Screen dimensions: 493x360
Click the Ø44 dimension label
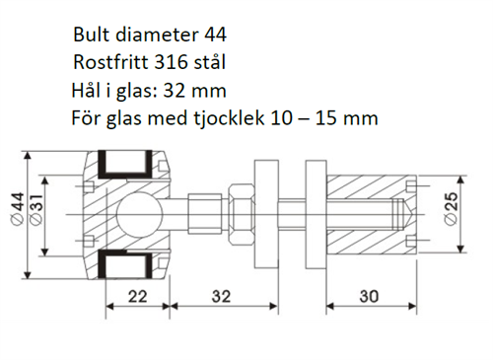pyautogui.click(x=18, y=209)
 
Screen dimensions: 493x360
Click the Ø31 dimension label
pyautogui.click(x=36, y=209)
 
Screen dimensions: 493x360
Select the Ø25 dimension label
pyautogui.click(x=451, y=208)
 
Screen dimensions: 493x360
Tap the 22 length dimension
pyautogui.click(x=137, y=297)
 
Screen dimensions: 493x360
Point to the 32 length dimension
pyautogui.click(x=221, y=297)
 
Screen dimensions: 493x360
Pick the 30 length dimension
pyautogui.click(x=369, y=297)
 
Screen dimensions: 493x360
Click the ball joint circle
pyautogui.click(x=139, y=215)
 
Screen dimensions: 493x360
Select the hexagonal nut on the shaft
pyautogui.click(x=241, y=214)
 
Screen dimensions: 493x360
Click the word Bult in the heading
pyautogui.click(x=92, y=35)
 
